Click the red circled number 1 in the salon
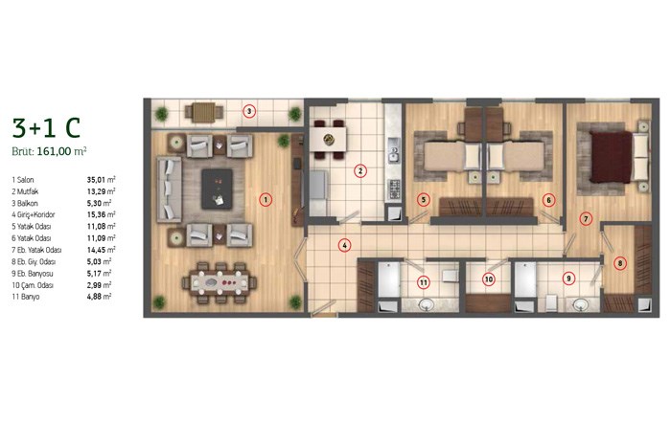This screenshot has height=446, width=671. pyautogui.click(x=266, y=199)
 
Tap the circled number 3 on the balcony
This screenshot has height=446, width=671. pyautogui.click(x=249, y=112)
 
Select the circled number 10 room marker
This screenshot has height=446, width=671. pyautogui.click(x=488, y=279)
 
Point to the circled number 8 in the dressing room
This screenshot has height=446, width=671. pyautogui.click(x=619, y=263)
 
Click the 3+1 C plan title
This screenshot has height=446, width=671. pyautogui.click(x=46, y=127)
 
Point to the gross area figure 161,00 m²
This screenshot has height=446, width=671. pyautogui.click(x=61, y=151)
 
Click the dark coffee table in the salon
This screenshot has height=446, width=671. pyautogui.click(x=218, y=189)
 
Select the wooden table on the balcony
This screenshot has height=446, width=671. pyautogui.click(x=203, y=112)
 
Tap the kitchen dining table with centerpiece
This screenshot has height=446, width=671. pyautogui.click(x=328, y=138)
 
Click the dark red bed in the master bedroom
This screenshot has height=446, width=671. pyautogui.click(x=612, y=157)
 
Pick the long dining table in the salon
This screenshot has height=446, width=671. pyautogui.click(x=220, y=282)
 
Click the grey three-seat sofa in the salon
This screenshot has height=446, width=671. pyautogui.click(x=170, y=190)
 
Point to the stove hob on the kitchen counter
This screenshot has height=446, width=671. pyautogui.click(x=394, y=189)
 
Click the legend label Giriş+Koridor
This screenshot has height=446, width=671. pyautogui.click(x=36, y=215)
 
